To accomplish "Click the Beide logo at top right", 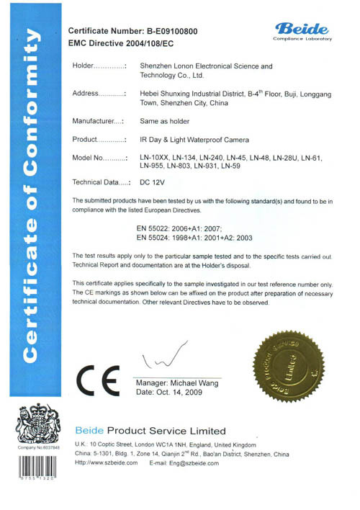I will (302, 30).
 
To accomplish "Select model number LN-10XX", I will (153, 156).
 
